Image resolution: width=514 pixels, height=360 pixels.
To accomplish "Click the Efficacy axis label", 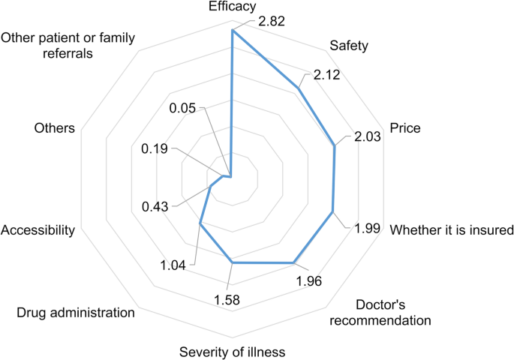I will (233, 7).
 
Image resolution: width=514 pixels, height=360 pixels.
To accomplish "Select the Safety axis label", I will (349, 46).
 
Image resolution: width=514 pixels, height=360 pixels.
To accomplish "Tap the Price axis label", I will (404, 128).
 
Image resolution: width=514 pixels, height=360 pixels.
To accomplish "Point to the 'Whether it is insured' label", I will (451, 229).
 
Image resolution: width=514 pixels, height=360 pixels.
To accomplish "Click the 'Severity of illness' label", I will (233, 351).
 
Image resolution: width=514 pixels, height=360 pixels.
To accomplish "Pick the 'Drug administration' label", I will (76, 312).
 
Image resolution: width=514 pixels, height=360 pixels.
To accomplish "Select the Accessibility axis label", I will (38, 229).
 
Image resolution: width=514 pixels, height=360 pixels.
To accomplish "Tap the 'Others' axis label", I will (54, 128).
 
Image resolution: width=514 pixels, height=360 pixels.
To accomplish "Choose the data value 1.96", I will (310, 282).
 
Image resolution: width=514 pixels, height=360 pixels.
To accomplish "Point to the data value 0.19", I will (155, 148).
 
